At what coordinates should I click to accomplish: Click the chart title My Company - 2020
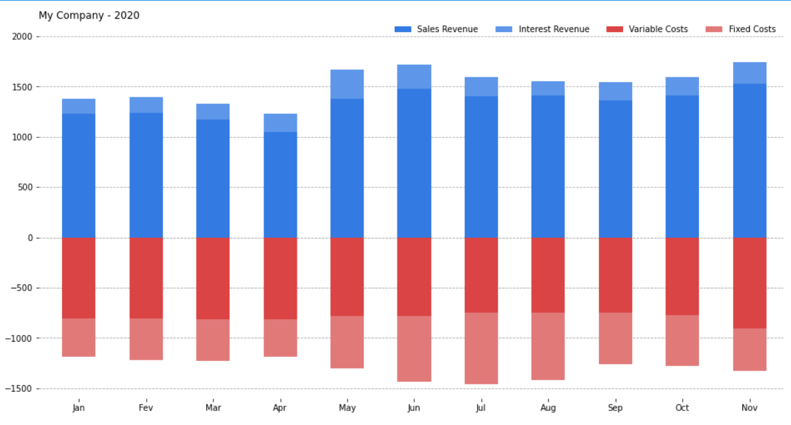(89, 15)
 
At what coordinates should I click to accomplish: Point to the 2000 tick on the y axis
(22, 37)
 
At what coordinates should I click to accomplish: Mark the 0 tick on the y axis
(29, 238)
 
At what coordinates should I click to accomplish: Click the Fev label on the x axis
(146, 408)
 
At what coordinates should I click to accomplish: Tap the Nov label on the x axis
(750, 408)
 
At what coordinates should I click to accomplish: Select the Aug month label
(548, 408)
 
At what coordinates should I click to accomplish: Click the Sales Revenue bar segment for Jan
(79, 176)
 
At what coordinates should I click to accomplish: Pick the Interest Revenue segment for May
(347, 84)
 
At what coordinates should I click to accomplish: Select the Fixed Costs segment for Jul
(481, 348)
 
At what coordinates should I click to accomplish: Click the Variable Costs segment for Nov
(750, 283)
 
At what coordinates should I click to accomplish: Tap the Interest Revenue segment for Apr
(280, 123)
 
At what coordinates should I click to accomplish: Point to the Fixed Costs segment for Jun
(414, 348)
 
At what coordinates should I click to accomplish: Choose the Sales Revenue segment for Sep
(616, 169)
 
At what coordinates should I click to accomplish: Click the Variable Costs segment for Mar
(213, 278)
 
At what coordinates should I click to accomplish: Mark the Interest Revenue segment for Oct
(682, 86)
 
